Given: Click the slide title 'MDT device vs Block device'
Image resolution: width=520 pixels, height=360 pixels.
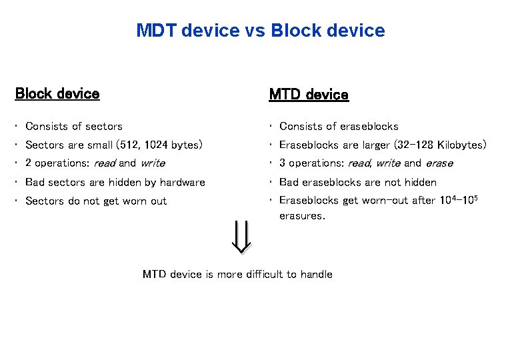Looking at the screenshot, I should coord(260,31).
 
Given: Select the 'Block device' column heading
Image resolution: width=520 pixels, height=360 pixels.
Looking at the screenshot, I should coord(57,94).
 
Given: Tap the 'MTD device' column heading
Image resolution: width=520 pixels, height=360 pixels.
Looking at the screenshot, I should coord(308,95).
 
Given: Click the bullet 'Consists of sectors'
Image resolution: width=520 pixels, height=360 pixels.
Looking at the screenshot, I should coord(73,126).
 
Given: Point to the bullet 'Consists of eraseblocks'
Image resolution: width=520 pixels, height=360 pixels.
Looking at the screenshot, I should coord(339,126).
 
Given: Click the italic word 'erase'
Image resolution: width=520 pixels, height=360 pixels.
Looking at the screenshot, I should coord(439,163).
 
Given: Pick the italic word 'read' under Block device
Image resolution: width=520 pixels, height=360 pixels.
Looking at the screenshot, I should coord(105,163).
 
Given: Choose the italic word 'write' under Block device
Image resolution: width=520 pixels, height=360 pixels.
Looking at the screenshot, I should coord(153,163).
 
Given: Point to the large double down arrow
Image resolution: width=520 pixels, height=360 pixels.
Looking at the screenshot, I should coord(241,237).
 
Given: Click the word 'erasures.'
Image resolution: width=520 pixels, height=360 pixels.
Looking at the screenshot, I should coord(302,216).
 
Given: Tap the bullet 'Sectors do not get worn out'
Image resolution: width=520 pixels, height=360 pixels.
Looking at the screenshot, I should coord(96,201).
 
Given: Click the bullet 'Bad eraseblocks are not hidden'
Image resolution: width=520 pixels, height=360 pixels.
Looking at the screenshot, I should coord(358,182).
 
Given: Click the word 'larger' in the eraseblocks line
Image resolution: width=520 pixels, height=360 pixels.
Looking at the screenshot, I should coord(375,145).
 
